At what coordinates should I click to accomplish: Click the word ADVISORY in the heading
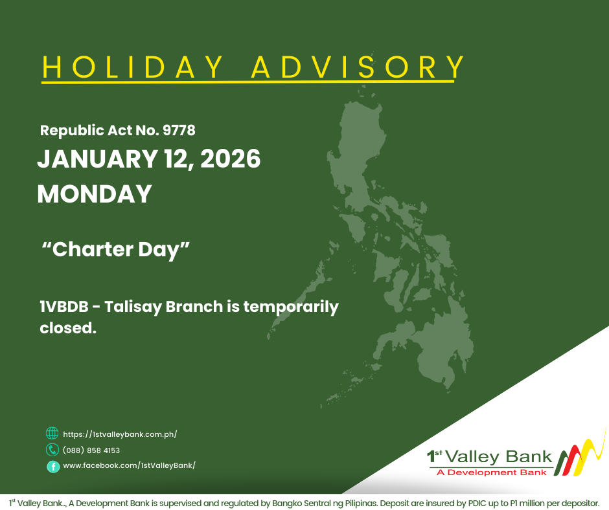[358, 67]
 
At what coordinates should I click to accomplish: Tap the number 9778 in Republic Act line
[179, 131]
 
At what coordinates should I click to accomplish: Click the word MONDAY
[95, 194]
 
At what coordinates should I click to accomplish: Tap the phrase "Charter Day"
[115, 250]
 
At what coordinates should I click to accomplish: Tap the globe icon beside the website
[52, 434]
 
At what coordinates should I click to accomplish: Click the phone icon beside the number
[52, 450]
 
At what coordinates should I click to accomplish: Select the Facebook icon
[52, 466]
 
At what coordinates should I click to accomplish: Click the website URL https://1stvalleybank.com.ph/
[120, 434]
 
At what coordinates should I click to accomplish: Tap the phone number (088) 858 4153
[91, 450]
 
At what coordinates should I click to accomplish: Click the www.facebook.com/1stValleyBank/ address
[129, 466]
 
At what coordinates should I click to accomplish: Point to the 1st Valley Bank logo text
[490, 456]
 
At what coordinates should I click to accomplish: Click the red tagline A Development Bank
[492, 472]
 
